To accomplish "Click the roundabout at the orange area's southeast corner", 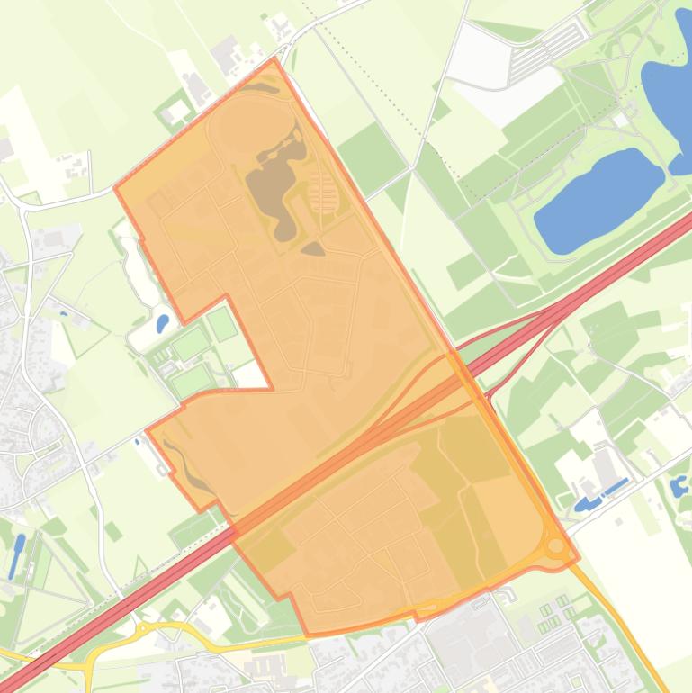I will coord(556,546).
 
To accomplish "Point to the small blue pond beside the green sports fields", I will coord(162,322).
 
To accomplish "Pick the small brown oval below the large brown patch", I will coord(311,248).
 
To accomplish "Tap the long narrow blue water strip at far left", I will coord(17,555).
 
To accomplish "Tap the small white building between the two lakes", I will coord(622,121).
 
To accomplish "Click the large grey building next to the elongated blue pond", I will coord(604,469).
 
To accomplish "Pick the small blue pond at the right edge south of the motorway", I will coord(679,488).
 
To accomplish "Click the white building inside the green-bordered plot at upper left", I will coord(177,111).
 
